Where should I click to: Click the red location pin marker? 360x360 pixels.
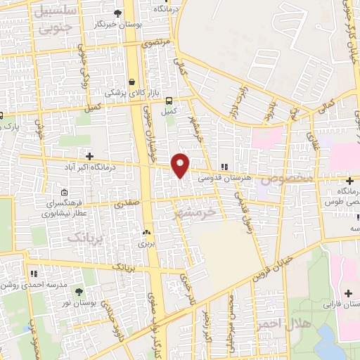click(x=180, y=165)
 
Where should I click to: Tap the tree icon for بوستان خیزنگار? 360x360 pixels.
click(x=117, y=13)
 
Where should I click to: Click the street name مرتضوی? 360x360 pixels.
click(x=157, y=42)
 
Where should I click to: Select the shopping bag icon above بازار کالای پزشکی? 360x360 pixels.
click(x=134, y=82)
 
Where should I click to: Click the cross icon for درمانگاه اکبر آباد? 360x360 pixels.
click(x=89, y=155)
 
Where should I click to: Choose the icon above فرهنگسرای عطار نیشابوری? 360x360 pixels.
click(x=65, y=192)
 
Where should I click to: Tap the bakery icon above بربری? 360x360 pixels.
click(x=147, y=232)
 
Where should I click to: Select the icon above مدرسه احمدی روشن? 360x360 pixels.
click(x=33, y=273)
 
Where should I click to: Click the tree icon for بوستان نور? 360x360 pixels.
click(x=78, y=291)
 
